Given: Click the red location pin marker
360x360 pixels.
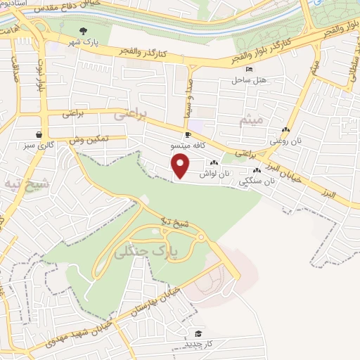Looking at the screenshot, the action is [x=181, y=166].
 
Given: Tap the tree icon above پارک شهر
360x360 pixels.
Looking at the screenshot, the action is [x=84, y=30].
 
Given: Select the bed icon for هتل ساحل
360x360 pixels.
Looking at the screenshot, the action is [x=250, y=69].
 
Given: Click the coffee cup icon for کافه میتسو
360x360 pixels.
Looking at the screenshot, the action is [x=188, y=134].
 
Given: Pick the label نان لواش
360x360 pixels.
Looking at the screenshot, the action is [x=214, y=173].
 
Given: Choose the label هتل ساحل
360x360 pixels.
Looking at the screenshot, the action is [x=250, y=80].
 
